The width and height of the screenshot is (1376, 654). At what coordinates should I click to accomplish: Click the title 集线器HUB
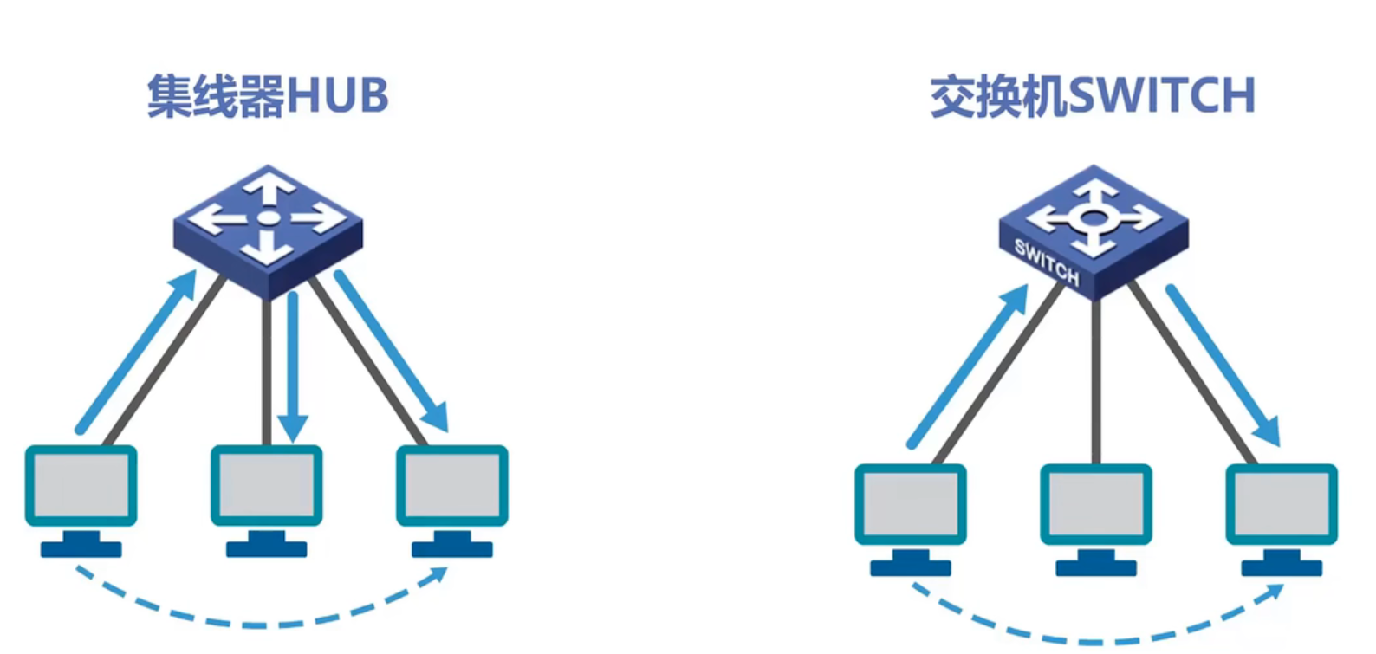pos(267,95)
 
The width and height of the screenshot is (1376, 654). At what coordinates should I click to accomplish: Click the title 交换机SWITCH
pos(1092,95)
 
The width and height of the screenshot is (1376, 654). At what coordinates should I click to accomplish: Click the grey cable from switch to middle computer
pos(1096,381)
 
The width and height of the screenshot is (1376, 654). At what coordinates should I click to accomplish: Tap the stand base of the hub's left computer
pos(81,549)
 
